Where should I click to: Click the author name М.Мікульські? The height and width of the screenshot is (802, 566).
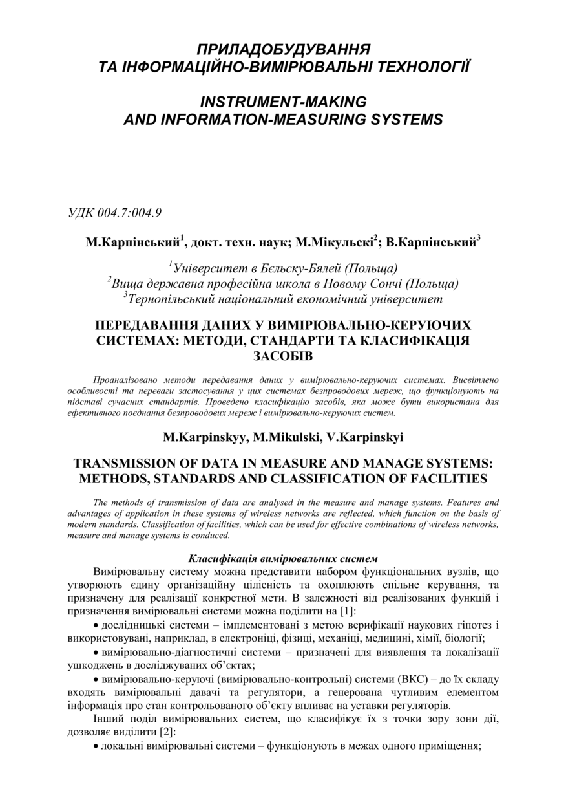pos(334,243)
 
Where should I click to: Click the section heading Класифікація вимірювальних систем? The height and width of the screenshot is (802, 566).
pos(283,558)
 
